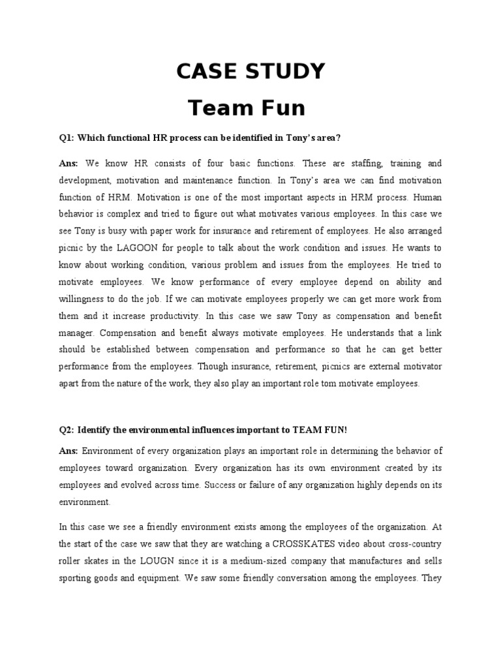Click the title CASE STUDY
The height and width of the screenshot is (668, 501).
[250, 72]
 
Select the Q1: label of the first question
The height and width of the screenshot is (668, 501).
[67, 138]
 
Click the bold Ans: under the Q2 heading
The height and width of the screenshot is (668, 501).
[68, 450]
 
